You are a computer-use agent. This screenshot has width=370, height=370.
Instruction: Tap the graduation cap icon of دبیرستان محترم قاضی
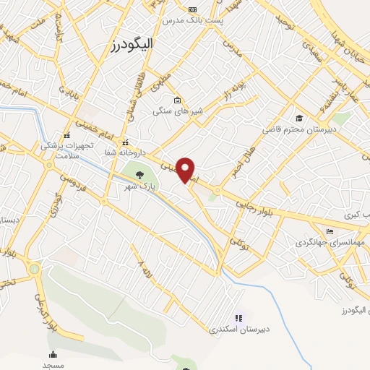(298, 118)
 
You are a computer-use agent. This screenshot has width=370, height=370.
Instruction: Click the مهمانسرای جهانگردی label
(331, 244)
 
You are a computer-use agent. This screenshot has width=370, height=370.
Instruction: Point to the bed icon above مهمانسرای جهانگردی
(330, 232)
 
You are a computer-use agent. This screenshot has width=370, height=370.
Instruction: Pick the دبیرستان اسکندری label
(239, 329)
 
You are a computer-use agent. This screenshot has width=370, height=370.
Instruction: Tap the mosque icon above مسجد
(53, 354)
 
